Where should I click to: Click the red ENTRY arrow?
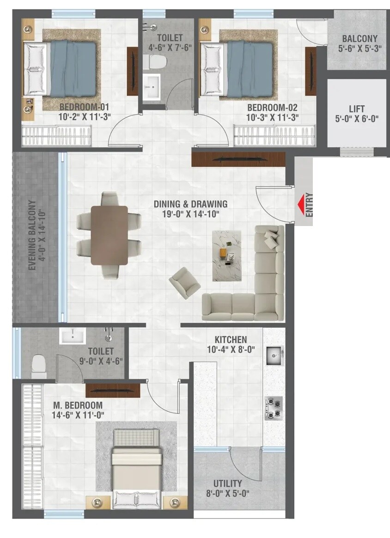coord(302,204)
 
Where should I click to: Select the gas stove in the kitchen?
coord(274,408)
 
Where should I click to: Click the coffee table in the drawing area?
coord(227,256)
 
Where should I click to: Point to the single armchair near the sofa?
coord(184,282)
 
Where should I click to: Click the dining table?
coord(109,235)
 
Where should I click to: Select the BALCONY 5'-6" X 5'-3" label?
coord(360,43)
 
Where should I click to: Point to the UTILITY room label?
coord(228,484)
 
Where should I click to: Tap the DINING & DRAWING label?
coord(190,204)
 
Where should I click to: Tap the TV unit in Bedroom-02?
coord(310,71)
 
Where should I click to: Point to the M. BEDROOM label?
coord(75,406)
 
